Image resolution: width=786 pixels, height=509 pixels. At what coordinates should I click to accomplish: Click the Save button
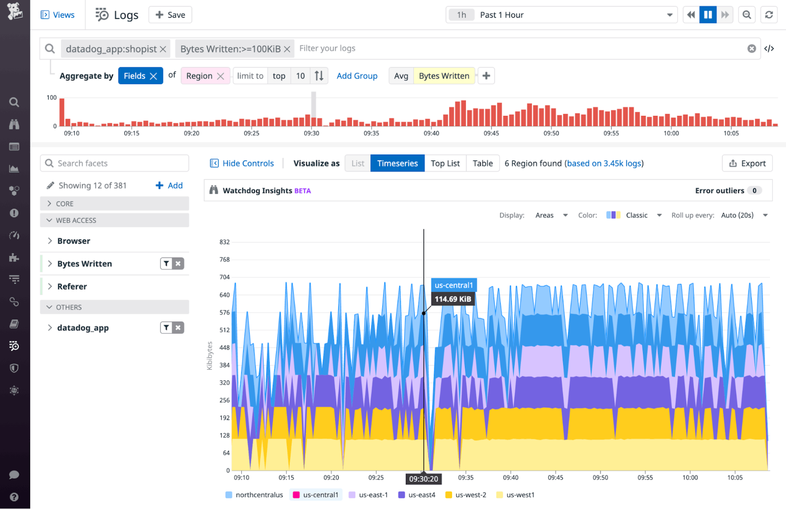pos(170,15)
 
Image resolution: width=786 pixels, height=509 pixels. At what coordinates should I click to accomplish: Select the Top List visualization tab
pos(445,163)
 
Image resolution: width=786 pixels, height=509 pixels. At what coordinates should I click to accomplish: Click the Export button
pos(747,163)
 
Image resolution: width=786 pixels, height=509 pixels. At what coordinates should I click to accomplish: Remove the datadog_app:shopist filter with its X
pos(163,49)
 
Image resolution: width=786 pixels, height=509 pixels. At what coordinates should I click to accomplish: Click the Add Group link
pos(357,76)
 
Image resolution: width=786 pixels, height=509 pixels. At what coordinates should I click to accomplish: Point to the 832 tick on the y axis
pos(225,242)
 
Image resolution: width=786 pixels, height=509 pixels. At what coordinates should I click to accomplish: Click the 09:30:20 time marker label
pos(423,479)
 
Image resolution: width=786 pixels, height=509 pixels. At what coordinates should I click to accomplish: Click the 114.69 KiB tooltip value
pos(452,299)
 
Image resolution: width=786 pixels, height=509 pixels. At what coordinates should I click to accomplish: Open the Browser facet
pos(74,241)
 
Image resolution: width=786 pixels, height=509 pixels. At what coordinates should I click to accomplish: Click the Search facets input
pos(115,163)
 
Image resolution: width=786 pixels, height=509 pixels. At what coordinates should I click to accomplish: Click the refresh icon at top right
pos(769,15)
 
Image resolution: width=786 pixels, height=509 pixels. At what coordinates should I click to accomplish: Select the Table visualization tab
pos(482,163)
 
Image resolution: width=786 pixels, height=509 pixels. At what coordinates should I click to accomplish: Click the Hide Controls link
pos(242,163)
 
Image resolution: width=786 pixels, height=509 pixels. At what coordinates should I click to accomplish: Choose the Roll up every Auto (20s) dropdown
pos(744,215)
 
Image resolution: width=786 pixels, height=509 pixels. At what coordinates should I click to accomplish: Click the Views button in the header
pos(58,15)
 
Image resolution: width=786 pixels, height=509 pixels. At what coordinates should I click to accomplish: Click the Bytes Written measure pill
pos(444,76)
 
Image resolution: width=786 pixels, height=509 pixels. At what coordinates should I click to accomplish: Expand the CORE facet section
pos(64,204)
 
